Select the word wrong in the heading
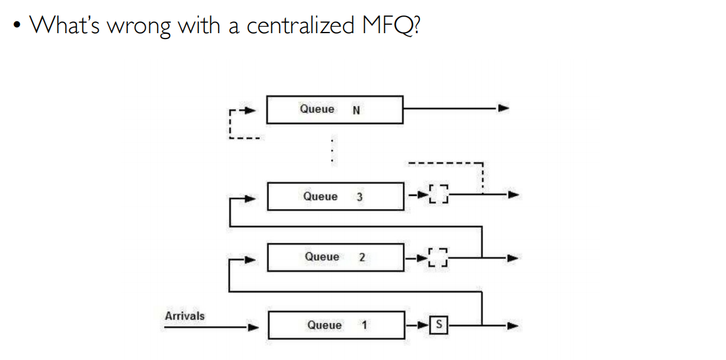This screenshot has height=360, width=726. coord(139,26)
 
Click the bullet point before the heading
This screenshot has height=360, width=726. coord(20,27)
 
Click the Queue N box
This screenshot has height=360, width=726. coord(335,110)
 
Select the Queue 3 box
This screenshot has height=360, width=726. coord(335,197)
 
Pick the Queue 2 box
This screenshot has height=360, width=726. coord(336,257)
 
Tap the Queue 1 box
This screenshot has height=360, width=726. coord(337,325)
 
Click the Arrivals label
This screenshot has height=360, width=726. coord(185,316)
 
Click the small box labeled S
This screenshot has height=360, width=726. coord(439,325)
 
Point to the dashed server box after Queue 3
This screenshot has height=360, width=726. coord(439,194)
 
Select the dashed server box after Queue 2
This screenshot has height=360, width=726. coord(439,258)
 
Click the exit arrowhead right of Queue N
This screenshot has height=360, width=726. coord(503,109)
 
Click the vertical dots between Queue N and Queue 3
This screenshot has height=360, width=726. coord(333,152)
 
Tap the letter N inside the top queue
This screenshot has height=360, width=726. coord(356,110)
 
